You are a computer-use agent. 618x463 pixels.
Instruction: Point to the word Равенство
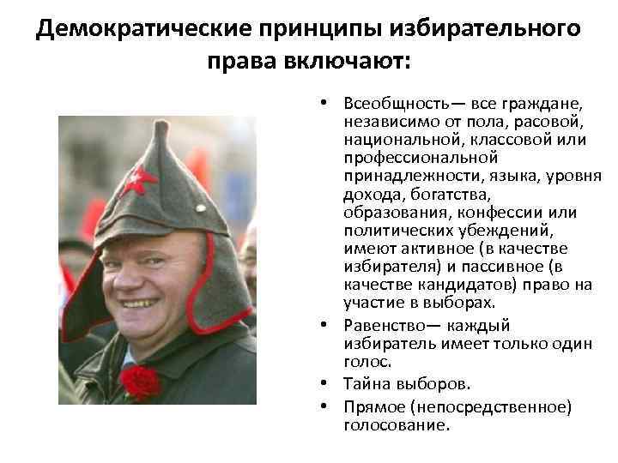(x=383, y=325)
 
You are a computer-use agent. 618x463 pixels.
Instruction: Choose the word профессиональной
(x=408, y=158)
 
